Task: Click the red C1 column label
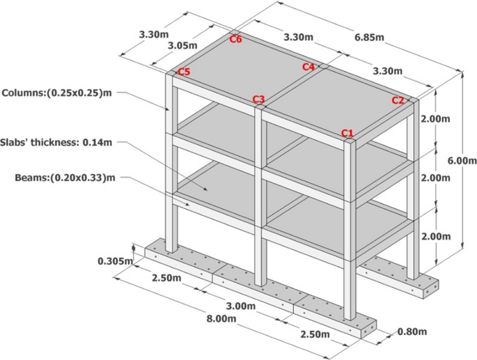pos(347,133)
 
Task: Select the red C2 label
pos(398,100)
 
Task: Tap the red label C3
pos(258,99)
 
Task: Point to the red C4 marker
pos(308,67)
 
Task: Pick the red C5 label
pos(184,72)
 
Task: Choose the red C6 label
pos(236,39)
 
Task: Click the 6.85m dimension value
pos(369,37)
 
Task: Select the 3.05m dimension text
pos(182,46)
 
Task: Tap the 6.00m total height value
pos(462,160)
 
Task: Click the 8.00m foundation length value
pos(221,319)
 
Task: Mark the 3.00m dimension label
pos(241,306)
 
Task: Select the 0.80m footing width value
pos(412,331)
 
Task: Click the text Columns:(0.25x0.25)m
pos(57,93)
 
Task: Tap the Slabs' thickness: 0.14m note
pos(56,142)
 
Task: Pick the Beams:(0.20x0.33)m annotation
pos(65,177)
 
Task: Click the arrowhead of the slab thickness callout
pos(206,189)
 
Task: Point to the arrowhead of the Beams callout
pos(187,204)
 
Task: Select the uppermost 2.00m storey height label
pos(435,118)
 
